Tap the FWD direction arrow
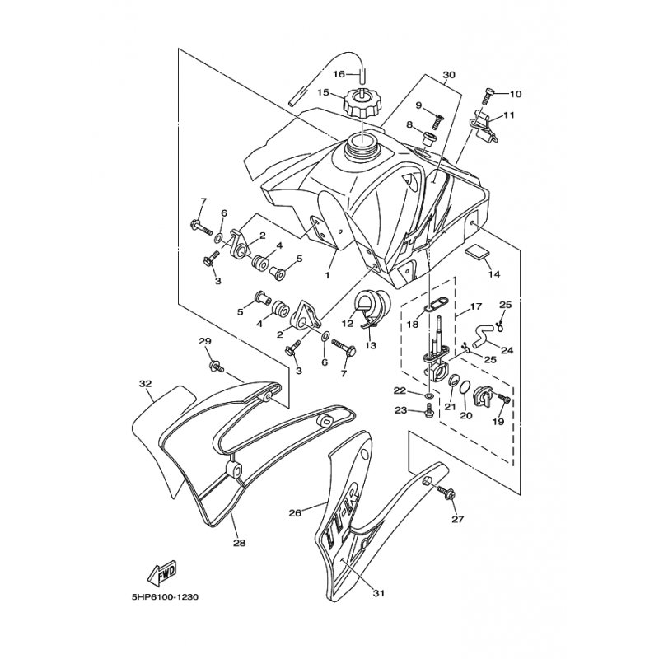(x=162, y=573)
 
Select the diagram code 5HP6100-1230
(x=161, y=597)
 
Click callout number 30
(x=449, y=75)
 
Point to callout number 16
(x=339, y=74)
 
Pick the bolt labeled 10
(x=489, y=96)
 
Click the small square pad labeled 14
(x=478, y=253)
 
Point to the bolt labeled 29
(x=217, y=367)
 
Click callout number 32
(x=146, y=384)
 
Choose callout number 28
(x=239, y=543)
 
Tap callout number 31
(x=379, y=593)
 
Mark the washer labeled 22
(x=428, y=396)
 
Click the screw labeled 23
(x=429, y=410)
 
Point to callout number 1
(x=327, y=275)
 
